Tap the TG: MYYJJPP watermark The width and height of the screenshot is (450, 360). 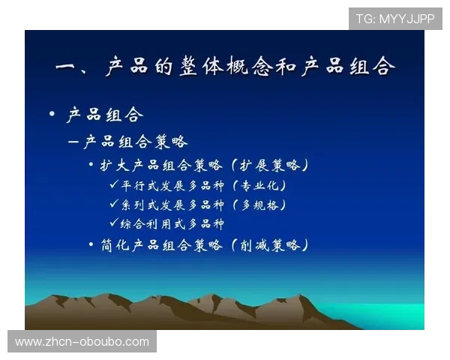pyautogui.click(x=395, y=18)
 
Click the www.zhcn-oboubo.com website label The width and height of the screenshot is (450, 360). pyautogui.click(x=82, y=342)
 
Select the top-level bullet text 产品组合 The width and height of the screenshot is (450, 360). pyautogui.click(x=105, y=115)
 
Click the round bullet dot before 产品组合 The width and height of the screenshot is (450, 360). pyautogui.click(x=52, y=114)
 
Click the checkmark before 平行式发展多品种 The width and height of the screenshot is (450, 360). pyautogui.click(x=114, y=184)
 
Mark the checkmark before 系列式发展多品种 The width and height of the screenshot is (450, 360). pyautogui.click(x=114, y=204)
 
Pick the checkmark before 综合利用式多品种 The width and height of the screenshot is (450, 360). pyautogui.click(x=114, y=223)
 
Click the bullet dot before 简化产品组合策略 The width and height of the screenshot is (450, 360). pyautogui.click(x=91, y=244)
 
